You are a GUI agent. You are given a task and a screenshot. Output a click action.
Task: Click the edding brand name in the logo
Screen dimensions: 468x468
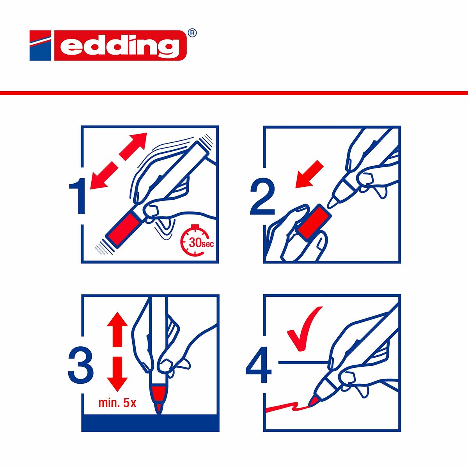[x=119, y=46]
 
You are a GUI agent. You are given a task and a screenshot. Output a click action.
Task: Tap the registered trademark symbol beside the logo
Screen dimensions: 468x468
[x=192, y=34]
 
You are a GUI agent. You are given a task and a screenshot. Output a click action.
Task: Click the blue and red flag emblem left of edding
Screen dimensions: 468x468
[x=40, y=46]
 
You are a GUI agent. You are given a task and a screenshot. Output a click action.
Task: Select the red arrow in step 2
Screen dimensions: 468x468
[x=309, y=174]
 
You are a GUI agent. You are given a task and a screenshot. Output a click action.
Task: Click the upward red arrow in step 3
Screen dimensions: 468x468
[x=117, y=330]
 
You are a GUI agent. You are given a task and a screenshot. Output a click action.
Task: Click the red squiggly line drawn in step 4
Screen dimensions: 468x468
[x=287, y=408]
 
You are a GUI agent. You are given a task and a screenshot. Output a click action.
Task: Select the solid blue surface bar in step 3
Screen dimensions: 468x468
[x=150, y=423]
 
